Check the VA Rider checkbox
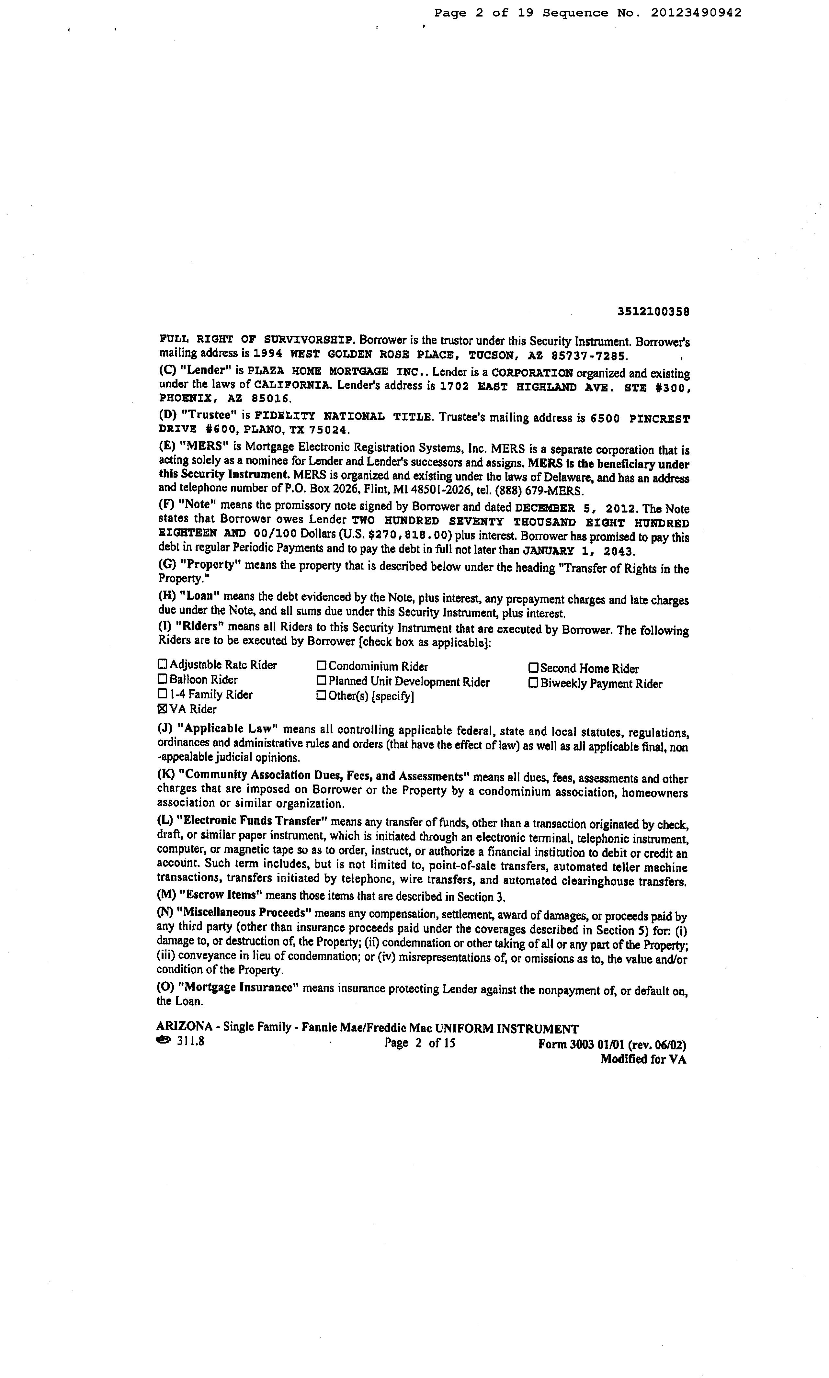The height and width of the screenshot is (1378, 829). coord(163,709)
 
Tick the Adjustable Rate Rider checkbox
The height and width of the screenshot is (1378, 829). coord(163,664)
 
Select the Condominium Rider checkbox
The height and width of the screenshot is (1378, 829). coord(321,666)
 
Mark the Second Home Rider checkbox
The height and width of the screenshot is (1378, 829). coord(533,668)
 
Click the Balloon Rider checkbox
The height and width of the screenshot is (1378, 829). coord(163,679)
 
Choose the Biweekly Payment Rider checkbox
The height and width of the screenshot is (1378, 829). coord(533,683)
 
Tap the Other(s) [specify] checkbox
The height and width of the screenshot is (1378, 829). coord(321,696)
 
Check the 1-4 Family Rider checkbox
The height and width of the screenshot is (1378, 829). coord(163,694)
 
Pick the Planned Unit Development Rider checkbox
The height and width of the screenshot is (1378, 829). coord(321,681)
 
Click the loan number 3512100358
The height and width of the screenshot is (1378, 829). coord(653,312)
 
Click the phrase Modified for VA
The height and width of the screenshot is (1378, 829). coord(643,1059)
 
